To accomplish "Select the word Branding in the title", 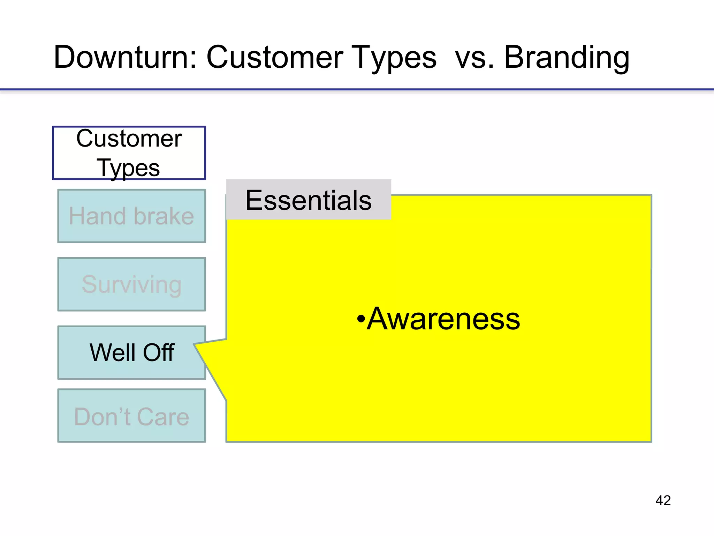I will (567, 58).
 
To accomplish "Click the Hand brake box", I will (131, 216).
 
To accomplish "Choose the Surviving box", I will (131, 284).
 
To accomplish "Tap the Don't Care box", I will (131, 416).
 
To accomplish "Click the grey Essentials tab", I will (309, 200).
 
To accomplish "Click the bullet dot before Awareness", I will (361, 319).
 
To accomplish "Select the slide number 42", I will (663, 500).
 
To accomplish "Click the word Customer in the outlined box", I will (129, 139).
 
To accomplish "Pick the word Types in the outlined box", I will (128, 168).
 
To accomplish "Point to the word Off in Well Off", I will (159, 352).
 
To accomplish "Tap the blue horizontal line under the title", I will (357, 90).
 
